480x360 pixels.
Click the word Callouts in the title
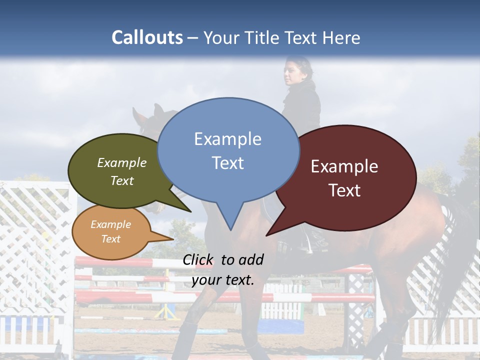click(147, 37)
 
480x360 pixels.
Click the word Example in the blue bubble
click(227, 139)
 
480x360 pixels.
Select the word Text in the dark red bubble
click(344, 190)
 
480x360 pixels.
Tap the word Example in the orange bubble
click(110, 224)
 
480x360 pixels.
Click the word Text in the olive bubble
click(122, 181)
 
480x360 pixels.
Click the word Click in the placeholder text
click(199, 259)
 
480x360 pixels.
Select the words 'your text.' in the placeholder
click(223, 280)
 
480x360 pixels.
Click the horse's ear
click(158, 110)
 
